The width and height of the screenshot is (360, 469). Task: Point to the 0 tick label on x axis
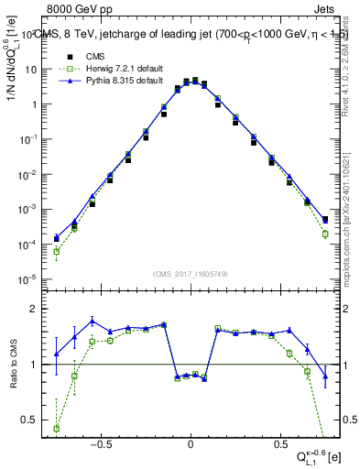tap(190, 443)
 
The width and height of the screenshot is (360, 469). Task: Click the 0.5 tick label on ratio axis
tap(32, 420)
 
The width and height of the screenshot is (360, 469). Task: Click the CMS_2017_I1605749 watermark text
tap(190, 274)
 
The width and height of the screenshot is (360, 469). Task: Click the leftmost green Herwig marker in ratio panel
tap(57, 428)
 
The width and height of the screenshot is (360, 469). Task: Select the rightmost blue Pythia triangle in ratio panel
tap(325, 376)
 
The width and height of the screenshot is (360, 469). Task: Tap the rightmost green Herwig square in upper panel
tap(325, 234)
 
